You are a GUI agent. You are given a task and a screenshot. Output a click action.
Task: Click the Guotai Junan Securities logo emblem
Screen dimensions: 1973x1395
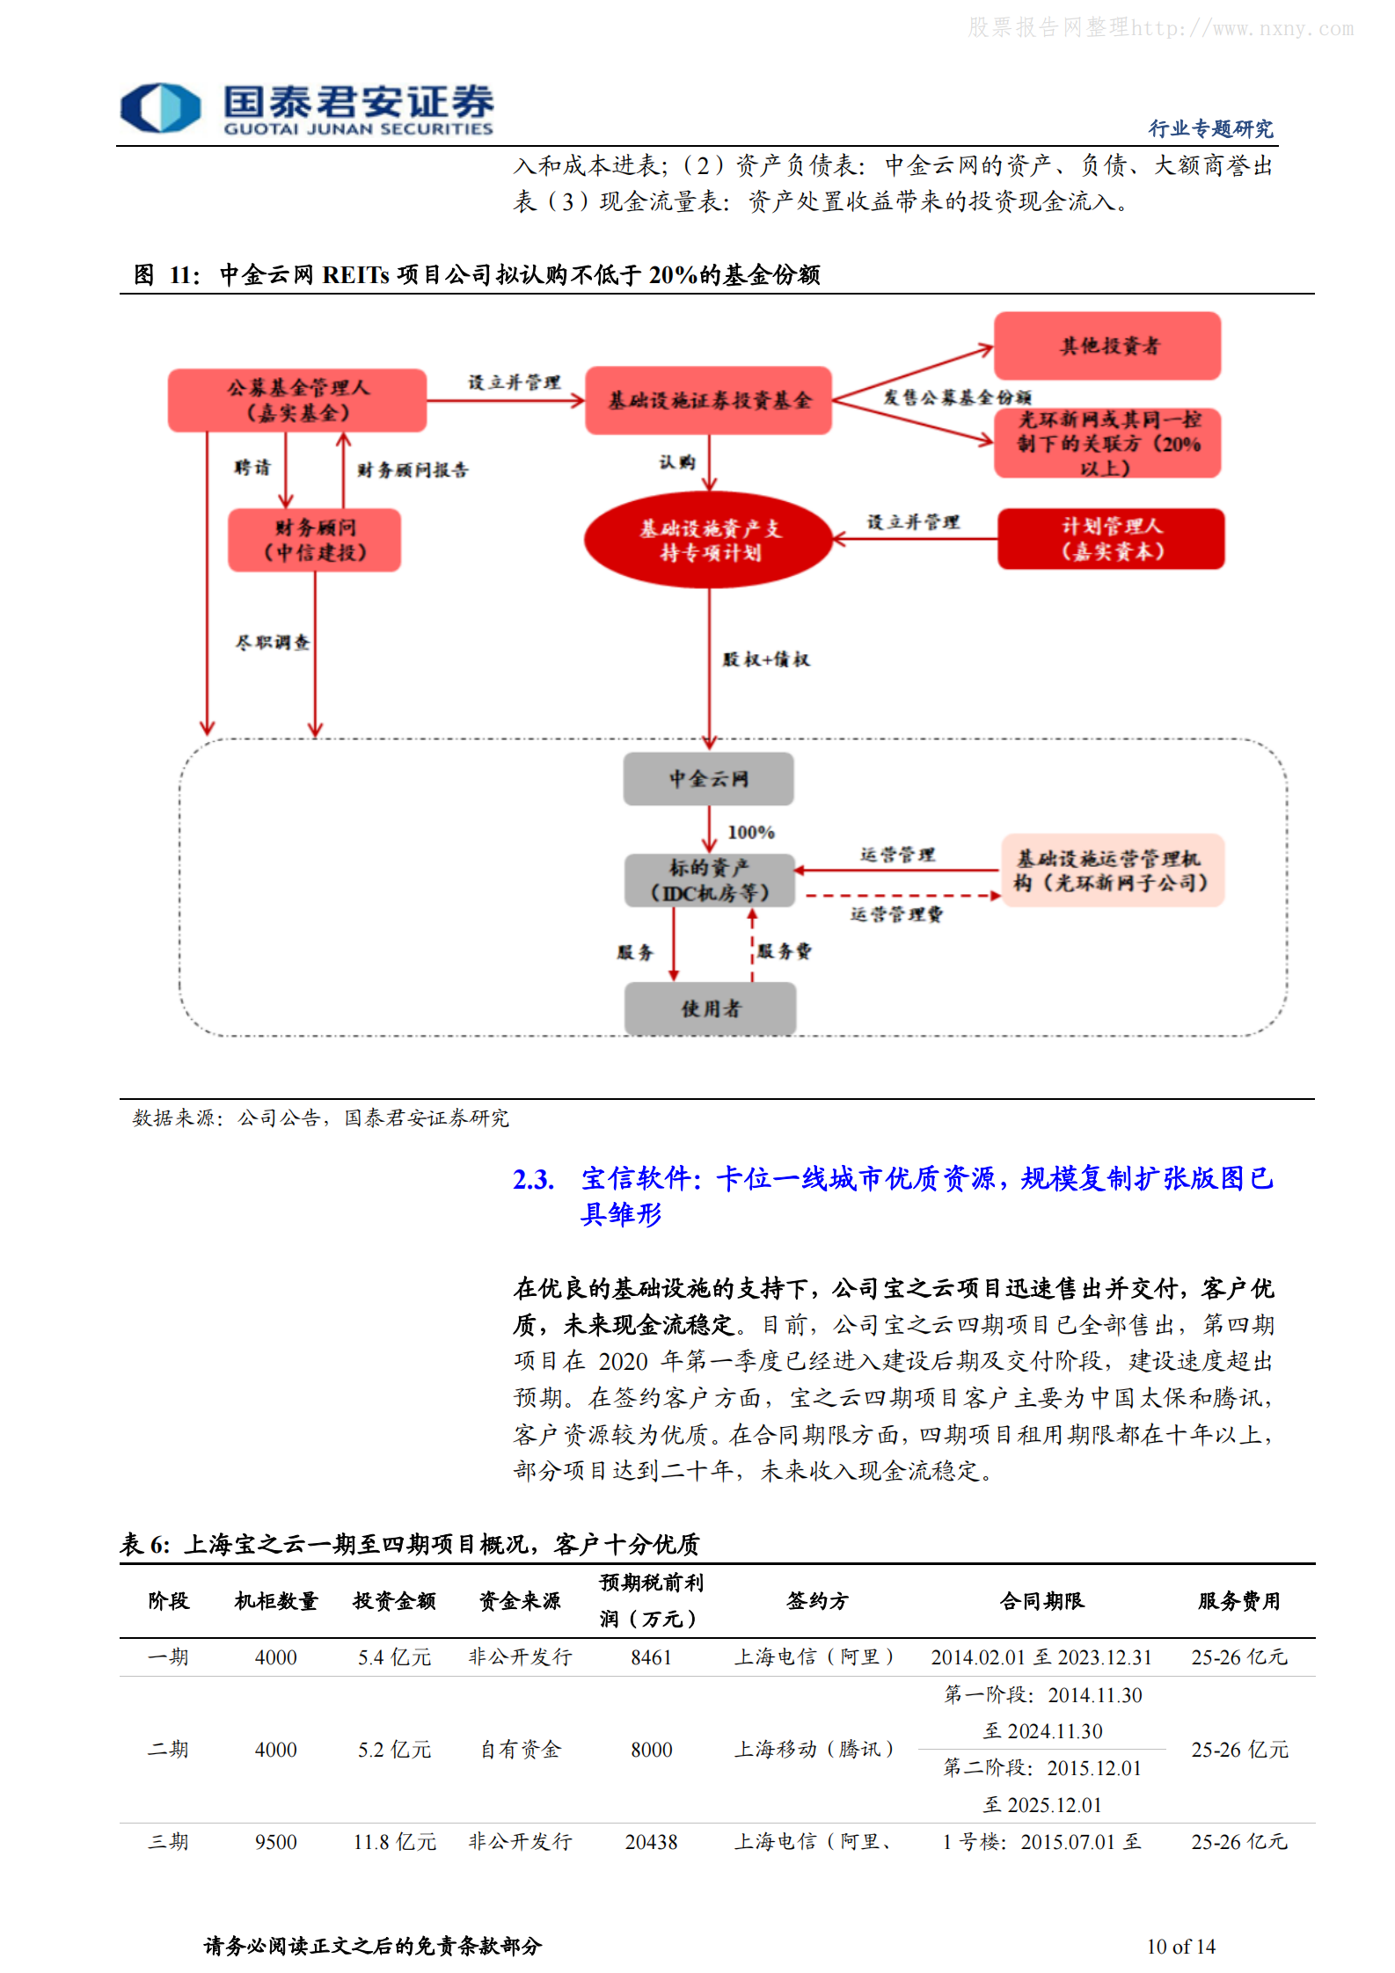click(x=160, y=107)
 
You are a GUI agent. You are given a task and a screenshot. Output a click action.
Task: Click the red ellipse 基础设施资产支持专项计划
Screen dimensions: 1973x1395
click(x=709, y=540)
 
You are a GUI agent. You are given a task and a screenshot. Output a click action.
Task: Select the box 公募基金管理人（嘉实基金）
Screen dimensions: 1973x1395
click(x=297, y=400)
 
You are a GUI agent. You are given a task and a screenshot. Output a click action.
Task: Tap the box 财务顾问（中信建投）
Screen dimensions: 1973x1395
click(x=315, y=540)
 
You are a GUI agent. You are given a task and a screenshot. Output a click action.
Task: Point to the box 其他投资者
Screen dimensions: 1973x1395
click(x=1107, y=346)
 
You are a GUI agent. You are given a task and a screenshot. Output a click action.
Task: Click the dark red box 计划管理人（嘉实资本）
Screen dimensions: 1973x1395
click(x=1111, y=538)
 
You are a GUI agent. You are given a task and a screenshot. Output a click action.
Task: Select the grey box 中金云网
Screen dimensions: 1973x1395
click(x=708, y=778)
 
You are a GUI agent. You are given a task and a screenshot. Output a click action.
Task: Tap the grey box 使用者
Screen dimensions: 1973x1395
click(x=710, y=1008)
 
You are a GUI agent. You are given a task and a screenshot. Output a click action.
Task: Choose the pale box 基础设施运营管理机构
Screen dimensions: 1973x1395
click(x=1112, y=870)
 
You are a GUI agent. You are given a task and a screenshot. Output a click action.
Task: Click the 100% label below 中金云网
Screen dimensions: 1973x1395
click(x=750, y=832)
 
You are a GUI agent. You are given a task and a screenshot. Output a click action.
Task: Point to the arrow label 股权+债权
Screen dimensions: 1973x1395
click(x=765, y=659)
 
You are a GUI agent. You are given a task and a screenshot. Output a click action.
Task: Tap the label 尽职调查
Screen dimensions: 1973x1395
click(x=272, y=643)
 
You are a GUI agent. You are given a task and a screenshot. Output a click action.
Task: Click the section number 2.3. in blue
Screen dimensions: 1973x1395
click(x=533, y=1179)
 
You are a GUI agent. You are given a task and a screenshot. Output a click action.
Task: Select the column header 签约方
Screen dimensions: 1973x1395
click(x=817, y=1600)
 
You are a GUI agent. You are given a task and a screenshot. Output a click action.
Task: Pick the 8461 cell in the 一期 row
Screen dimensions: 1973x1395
click(x=651, y=1657)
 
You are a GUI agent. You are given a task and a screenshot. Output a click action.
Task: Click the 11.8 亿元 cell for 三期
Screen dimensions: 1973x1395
click(x=394, y=1842)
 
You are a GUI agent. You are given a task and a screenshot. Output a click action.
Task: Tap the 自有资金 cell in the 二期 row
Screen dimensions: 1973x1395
click(x=520, y=1750)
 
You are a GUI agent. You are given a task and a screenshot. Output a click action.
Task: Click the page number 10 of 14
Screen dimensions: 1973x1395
click(x=1180, y=1947)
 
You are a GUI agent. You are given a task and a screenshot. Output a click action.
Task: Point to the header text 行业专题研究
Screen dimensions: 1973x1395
click(x=1210, y=128)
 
